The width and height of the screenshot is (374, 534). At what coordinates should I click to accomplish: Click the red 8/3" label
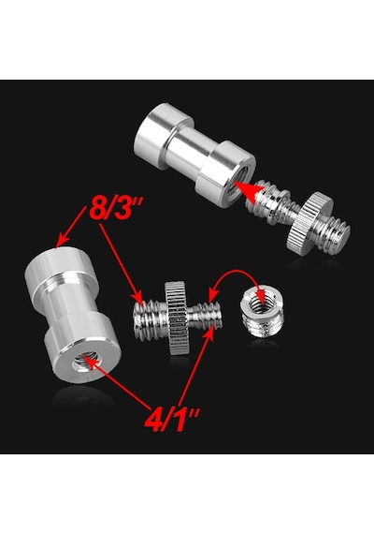pos(116,208)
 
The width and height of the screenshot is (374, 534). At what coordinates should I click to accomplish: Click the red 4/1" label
pos(172,419)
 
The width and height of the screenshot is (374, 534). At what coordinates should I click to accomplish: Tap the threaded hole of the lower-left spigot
pos(85,361)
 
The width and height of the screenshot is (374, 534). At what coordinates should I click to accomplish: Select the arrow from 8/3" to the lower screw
pos(120,261)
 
